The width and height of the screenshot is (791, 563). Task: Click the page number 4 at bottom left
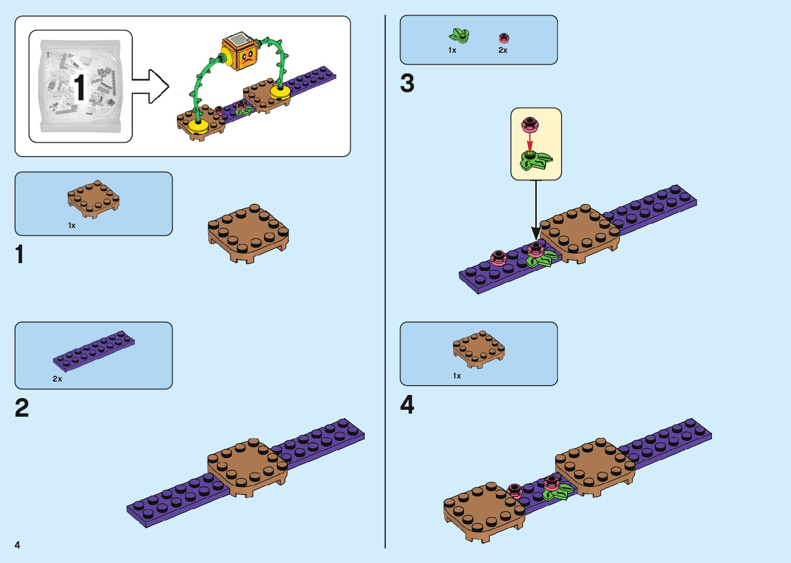click(18, 545)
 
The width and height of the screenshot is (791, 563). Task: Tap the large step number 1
click(20, 255)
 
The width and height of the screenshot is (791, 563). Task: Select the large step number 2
click(22, 408)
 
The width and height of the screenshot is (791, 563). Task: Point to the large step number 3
click(407, 83)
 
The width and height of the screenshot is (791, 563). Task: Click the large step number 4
click(407, 404)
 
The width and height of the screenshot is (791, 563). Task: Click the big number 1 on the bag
click(79, 87)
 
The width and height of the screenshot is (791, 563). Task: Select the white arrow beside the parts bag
click(151, 86)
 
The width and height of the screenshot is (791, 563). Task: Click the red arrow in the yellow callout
click(530, 141)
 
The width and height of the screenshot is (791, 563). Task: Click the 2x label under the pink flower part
click(503, 50)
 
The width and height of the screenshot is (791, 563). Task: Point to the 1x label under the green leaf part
click(452, 50)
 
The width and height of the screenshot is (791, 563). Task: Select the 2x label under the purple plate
click(57, 379)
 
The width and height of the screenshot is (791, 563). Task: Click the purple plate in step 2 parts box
click(94, 351)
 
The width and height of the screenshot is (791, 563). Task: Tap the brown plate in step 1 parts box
click(94, 199)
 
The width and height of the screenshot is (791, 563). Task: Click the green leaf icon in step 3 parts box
click(459, 36)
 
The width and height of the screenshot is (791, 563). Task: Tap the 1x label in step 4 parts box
click(457, 376)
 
